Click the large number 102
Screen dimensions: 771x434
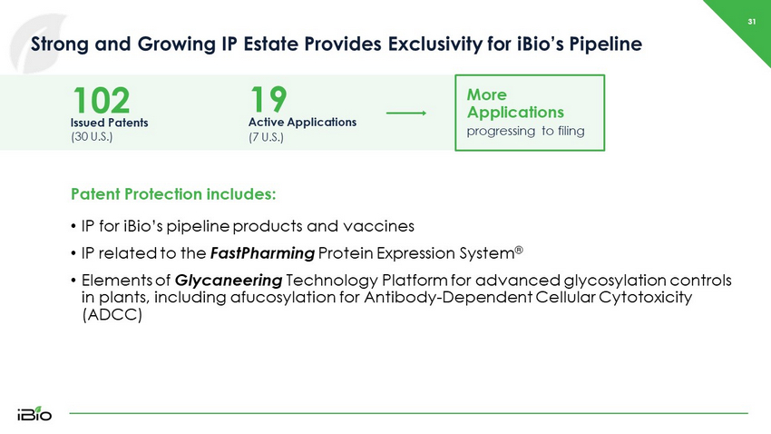point(102,101)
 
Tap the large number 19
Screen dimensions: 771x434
point(268,99)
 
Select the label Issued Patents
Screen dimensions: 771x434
point(109,123)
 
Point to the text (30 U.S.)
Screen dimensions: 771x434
point(92,137)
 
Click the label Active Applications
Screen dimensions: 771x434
point(302,122)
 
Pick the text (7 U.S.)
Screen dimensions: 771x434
point(266,137)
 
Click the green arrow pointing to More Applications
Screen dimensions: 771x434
point(406,113)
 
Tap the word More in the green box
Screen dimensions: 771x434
point(487,94)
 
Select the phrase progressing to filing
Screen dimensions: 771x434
point(525,132)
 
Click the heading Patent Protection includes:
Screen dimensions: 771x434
point(173,194)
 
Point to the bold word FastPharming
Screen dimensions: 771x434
point(262,253)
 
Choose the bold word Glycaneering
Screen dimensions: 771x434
point(229,281)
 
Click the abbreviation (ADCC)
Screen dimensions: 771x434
point(112,314)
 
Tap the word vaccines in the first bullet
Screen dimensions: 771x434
point(378,226)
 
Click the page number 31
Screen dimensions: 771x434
point(751,22)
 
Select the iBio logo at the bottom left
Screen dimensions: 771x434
point(34,413)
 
